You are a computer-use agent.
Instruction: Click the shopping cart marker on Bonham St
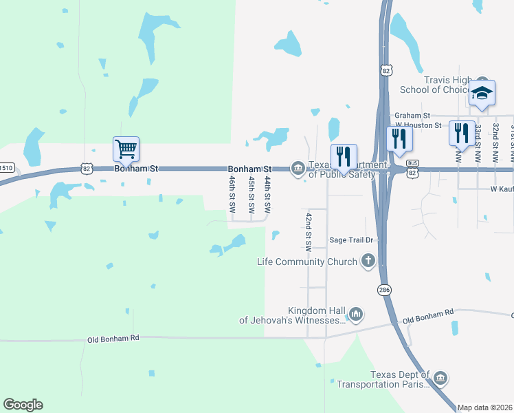[126, 149]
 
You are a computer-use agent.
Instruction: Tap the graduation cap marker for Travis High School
[482, 94]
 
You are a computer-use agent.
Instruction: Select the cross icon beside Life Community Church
[368, 261]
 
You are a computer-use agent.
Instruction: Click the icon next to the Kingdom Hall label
[355, 315]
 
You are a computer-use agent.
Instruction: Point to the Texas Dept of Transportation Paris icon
[440, 378]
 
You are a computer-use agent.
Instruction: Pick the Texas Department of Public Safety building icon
[298, 168]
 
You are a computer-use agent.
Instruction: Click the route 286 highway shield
[383, 290]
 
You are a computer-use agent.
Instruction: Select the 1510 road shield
[6, 167]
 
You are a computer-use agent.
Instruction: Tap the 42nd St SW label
[309, 231]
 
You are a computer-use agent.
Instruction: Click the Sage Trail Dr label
[350, 240]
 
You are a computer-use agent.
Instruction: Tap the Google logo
[23, 405]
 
